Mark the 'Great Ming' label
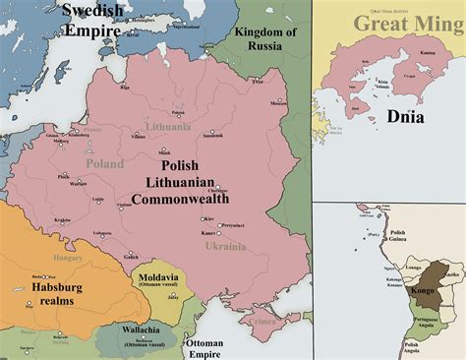395,23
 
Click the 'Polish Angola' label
417,345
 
